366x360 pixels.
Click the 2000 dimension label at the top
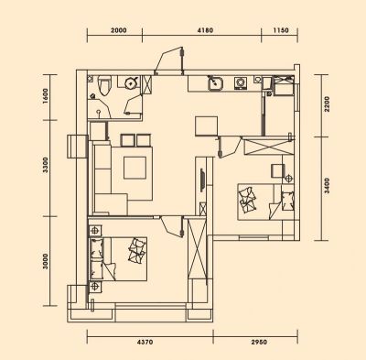pyautogui.click(x=119, y=30)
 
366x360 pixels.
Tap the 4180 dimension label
pyautogui.click(x=205, y=30)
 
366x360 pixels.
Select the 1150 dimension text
pyautogui.click(x=281, y=30)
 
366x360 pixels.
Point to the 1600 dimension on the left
pyautogui.click(x=46, y=96)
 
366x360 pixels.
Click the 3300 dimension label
pyautogui.click(x=46, y=165)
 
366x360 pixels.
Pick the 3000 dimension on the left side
pyautogui.click(x=46, y=261)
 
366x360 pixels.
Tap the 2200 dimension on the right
pyautogui.click(x=327, y=104)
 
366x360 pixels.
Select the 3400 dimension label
pyautogui.click(x=327, y=186)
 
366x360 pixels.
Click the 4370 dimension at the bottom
pyautogui.click(x=145, y=342)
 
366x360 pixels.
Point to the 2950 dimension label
pyautogui.click(x=258, y=342)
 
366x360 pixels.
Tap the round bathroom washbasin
pyautogui.click(x=132, y=82)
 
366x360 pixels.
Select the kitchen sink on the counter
pyautogui.click(x=216, y=83)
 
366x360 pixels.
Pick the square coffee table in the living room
pyautogui.click(x=135, y=168)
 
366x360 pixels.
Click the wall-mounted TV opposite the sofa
pyautogui.click(x=202, y=180)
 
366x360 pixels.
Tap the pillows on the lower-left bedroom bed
pyautogui.click(x=137, y=250)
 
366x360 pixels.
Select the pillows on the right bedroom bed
pyautogui.click(x=248, y=200)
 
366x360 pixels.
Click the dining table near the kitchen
pyautogui.click(x=207, y=125)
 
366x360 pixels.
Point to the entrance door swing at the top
pyautogui.click(x=169, y=60)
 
